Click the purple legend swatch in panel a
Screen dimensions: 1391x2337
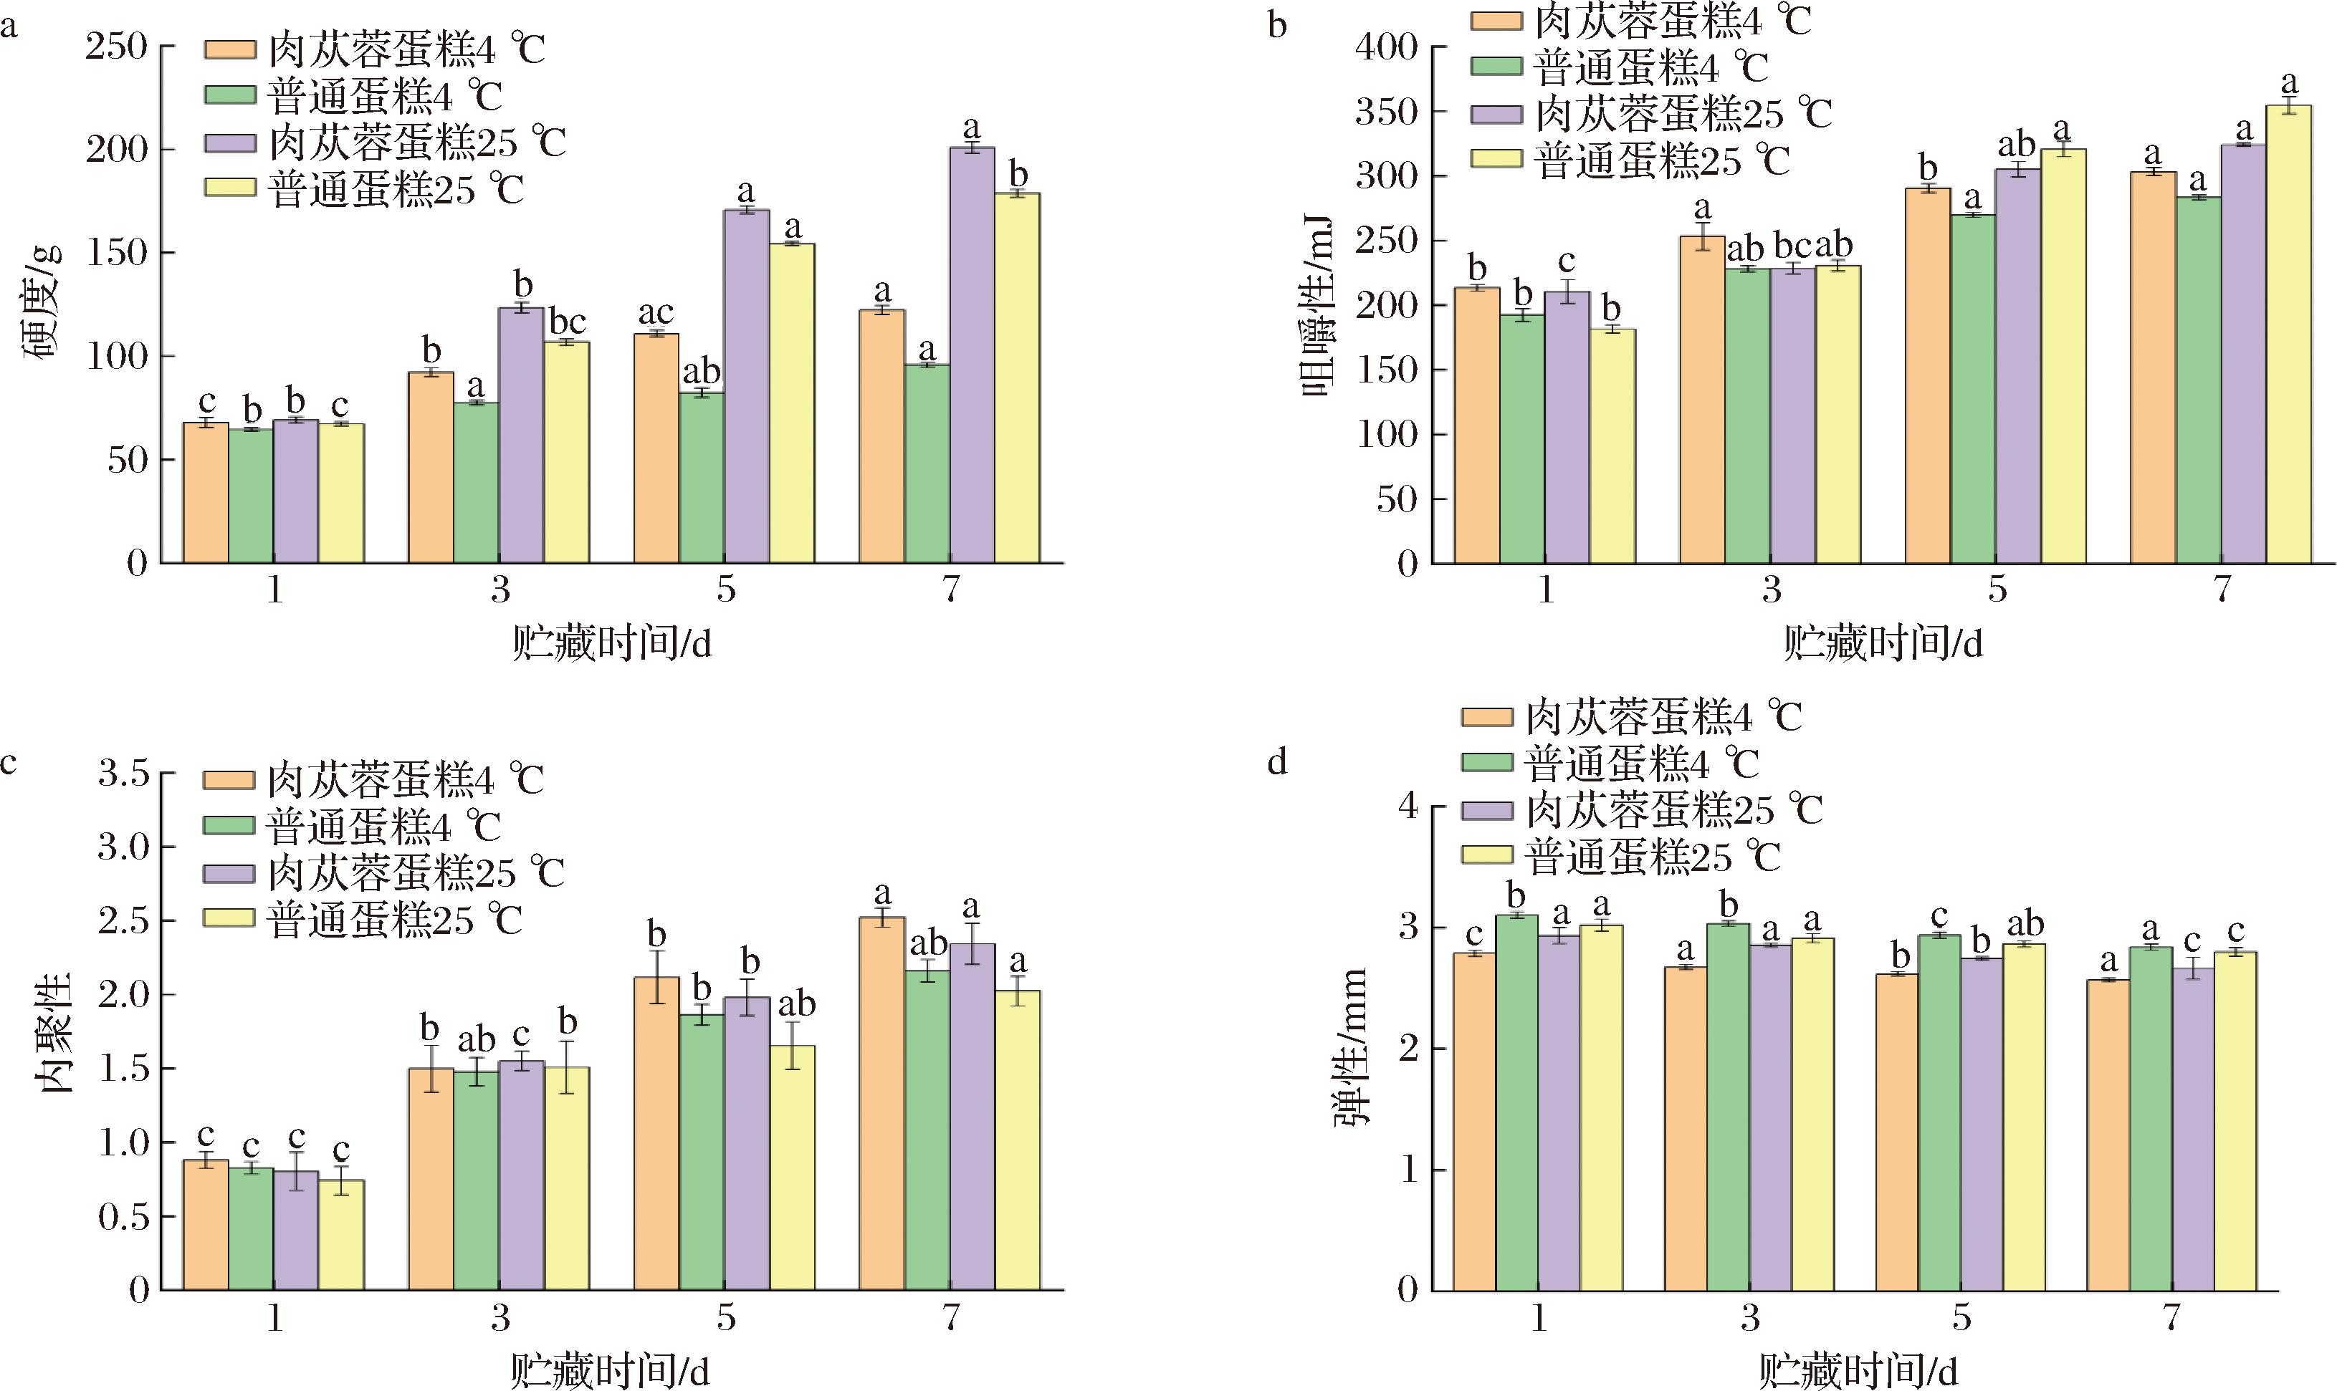click(230, 143)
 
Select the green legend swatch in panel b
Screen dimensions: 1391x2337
click(1496, 66)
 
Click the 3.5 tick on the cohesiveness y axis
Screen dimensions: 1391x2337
click(125, 774)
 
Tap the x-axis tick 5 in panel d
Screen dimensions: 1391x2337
click(1962, 1318)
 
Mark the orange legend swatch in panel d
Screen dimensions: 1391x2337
click(1486, 717)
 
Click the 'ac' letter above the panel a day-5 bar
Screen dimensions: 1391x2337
click(656, 312)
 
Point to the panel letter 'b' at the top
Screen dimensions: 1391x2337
click(1277, 25)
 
